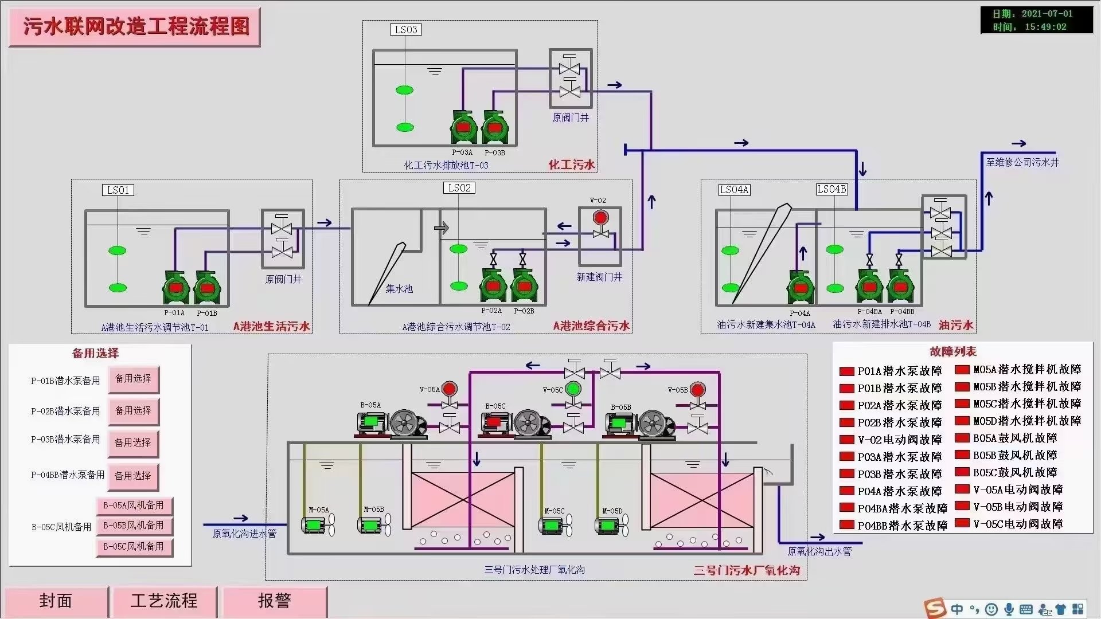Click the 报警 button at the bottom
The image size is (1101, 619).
tap(274, 601)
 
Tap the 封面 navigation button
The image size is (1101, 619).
tap(56, 601)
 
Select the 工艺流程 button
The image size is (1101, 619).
tap(164, 601)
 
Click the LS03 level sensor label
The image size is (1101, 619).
tap(406, 30)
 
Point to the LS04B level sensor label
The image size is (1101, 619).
tap(831, 189)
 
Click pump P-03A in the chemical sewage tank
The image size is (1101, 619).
tap(463, 127)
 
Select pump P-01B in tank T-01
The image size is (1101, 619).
tap(207, 288)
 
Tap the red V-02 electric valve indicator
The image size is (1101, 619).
tap(600, 218)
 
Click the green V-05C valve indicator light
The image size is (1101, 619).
tap(573, 389)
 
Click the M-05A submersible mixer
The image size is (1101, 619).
tap(317, 524)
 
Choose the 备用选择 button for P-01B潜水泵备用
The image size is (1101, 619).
tap(134, 379)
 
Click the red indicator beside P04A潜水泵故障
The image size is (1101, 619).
tap(847, 491)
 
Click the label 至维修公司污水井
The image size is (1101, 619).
tap(1022, 163)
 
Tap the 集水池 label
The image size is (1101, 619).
tap(399, 289)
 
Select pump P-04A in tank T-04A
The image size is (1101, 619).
tap(800, 288)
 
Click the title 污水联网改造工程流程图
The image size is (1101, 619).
tap(136, 27)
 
